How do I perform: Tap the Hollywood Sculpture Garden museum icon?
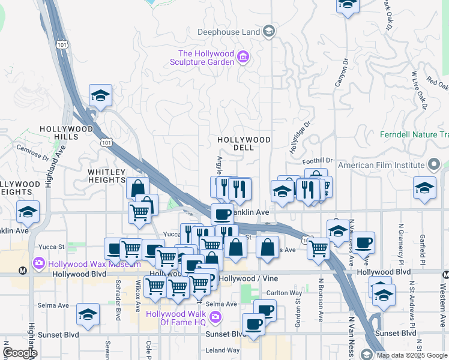[244, 58]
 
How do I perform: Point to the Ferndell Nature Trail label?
[414, 134]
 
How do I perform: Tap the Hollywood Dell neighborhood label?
[244, 144]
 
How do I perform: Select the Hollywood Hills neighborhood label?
[67, 133]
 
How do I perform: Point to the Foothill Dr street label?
[318, 161]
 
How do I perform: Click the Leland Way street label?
[223, 350]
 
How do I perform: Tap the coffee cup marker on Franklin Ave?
[222, 214]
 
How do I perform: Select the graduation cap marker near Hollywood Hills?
[100, 95]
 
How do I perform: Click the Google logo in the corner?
[20, 352]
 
